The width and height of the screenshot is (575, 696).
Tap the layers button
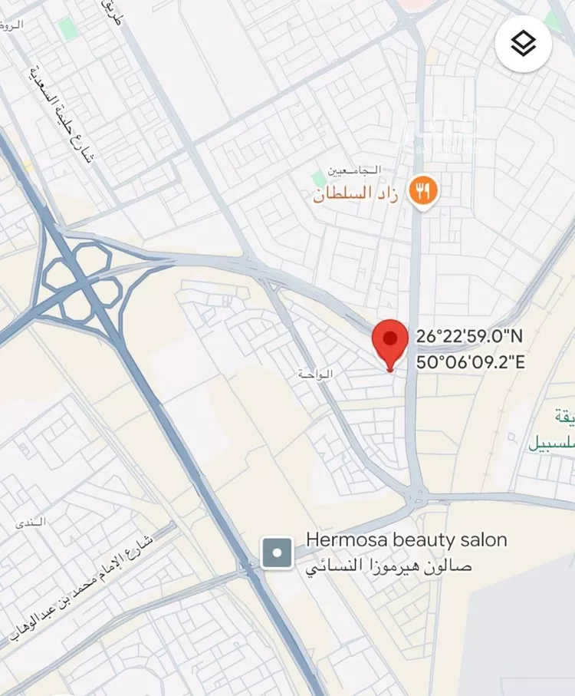(524, 44)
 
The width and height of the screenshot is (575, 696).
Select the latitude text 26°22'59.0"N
(469, 336)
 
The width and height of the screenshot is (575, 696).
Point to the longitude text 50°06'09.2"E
(470, 362)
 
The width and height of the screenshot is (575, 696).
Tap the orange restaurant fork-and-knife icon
(422, 190)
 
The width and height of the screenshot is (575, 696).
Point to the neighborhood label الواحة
(316, 374)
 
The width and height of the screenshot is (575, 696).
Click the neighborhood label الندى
(31, 522)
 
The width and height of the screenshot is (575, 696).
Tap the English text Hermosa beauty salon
(406, 540)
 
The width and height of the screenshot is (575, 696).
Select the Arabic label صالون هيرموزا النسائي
(389, 568)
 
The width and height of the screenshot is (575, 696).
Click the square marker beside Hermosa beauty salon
(277, 553)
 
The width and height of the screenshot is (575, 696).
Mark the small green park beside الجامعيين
(319, 179)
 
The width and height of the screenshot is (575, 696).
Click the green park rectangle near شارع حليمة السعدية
(69, 29)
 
